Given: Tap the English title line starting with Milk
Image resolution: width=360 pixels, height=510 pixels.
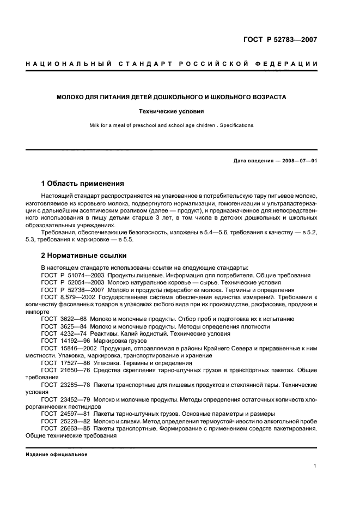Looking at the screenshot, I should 172,125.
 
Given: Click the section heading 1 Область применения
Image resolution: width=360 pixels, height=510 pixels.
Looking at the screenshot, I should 83,183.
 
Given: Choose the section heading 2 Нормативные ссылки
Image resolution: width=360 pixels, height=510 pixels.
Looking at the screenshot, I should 84,255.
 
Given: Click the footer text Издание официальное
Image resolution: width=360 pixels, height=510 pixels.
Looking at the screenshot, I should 57,454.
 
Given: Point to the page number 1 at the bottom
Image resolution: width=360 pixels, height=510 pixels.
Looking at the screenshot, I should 315,466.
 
